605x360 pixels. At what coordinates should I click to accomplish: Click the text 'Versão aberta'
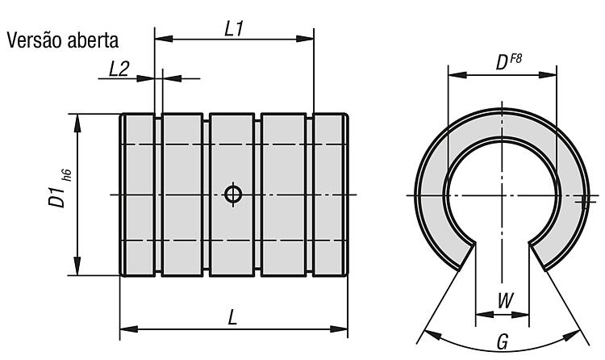pos(62,40)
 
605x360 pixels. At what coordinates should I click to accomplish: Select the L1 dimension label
pos(234,29)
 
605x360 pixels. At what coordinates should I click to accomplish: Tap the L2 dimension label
pos(119,69)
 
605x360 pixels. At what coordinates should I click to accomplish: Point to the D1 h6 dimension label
pos(60,188)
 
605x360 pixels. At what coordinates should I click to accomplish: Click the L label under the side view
pos(232,318)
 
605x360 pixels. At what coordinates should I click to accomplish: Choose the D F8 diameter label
pos(508,62)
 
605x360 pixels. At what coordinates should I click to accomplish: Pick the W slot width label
pos(506,300)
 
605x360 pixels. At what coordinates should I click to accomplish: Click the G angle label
pos(503,342)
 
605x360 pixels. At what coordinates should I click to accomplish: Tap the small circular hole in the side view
pos(233,194)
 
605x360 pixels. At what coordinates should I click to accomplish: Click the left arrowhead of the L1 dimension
pos(164,39)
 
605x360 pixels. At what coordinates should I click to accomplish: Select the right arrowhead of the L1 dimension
pos(305,39)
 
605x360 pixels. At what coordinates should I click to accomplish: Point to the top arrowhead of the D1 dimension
pos(77,123)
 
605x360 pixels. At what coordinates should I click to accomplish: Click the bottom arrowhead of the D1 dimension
pos(77,266)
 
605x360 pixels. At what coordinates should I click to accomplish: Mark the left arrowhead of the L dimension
pos(129,329)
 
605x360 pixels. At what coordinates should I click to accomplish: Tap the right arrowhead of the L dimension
pos(339,329)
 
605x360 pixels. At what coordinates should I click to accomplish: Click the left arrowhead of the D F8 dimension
pos(457,74)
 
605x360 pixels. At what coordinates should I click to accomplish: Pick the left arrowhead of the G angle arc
pos(432,334)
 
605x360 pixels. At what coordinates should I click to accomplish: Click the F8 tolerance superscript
pos(516,59)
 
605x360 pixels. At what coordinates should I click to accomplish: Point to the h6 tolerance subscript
pos(67,175)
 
